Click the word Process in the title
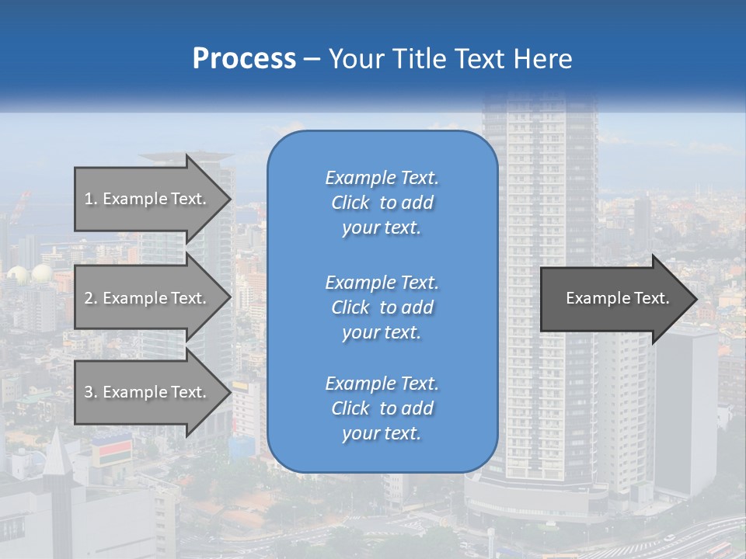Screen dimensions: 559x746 (244, 59)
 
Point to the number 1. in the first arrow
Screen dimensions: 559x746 (91, 199)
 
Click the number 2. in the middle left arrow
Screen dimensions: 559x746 (91, 298)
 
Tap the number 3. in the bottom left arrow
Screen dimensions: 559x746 (91, 392)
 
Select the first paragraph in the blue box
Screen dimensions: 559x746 (382, 203)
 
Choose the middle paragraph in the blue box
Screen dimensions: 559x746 (382, 307)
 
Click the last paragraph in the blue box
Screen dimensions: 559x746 (382, 408)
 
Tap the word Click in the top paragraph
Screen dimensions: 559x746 (350, 203)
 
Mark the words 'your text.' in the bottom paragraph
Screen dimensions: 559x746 (382, 434)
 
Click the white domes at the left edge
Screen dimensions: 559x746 (30, 273)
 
